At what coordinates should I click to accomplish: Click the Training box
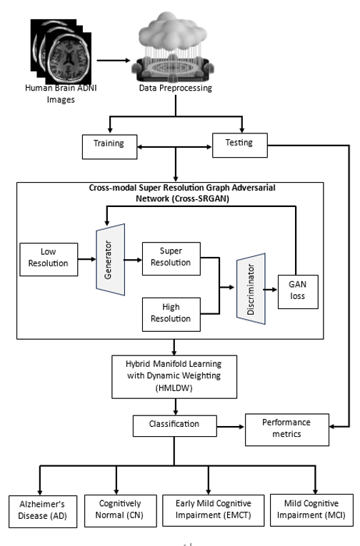pos(110,147)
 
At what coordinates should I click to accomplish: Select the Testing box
pos(240,145)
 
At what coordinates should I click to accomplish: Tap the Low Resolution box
pos(49,259)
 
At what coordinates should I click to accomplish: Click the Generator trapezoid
pos(111,260)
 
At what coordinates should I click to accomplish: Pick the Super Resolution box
pos(171,258)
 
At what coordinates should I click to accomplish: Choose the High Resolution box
pos(171,315)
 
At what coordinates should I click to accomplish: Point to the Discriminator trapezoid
pos(251,288)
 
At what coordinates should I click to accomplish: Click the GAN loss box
pos(298,292)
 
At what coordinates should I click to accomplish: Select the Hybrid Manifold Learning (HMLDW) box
pos(174,377)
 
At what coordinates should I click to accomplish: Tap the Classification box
pos(174,426)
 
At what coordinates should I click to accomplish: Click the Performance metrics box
pos(287,430)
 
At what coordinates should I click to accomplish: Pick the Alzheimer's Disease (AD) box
pos(43,512)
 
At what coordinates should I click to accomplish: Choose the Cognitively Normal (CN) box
pos(119,511)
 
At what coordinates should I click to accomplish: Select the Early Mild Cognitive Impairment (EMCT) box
pos(214,510)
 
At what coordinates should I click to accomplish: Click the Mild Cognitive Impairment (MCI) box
pos(311,510)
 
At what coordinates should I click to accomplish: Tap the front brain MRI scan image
pos(69,59)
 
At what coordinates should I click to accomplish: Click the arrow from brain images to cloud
pos(114,60)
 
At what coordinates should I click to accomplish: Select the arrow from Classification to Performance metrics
pos(231,427)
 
